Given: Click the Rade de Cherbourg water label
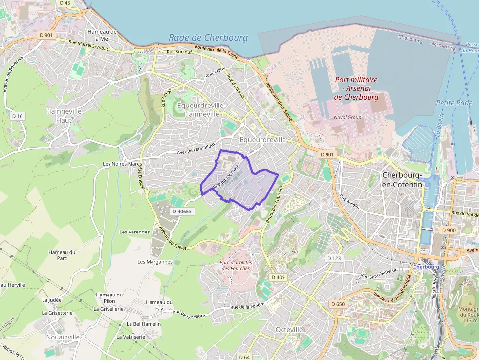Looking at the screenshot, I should coord(208,38).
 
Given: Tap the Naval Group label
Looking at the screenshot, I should coord(348,117).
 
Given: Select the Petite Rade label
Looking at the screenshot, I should coord(454,103).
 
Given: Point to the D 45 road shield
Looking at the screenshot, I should coord(65,3).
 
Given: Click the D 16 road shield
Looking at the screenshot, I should coord(18,116).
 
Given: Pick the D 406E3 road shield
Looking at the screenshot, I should coord(182,212).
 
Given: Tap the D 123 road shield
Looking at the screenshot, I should coord(334,258).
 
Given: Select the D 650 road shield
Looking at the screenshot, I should coord(338,304).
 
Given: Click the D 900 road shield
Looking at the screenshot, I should coord(448,230).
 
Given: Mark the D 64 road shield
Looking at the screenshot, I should coord(245,357).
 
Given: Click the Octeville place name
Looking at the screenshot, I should coord(289,330).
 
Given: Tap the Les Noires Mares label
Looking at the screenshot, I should coord(122,164).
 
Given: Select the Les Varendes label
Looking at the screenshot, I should coord(134,232).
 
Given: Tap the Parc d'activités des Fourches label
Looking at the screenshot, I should coord(236,265).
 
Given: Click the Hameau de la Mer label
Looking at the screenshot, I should coord(102,35).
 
